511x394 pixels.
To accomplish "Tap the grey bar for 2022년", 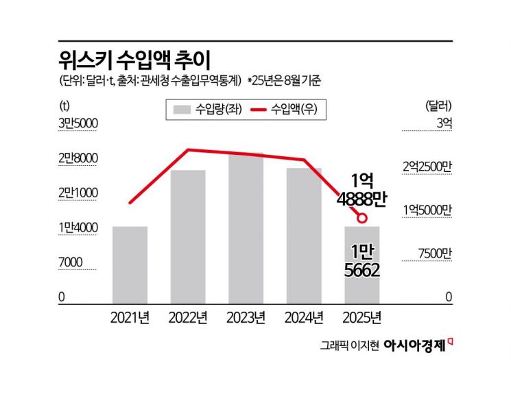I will click(x=188, y=236).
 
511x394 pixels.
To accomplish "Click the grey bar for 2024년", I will click(x=304, y=235).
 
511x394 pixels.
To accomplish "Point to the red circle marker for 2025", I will click(x=361, y=218).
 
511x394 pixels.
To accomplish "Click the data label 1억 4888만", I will click(x=361, y=190).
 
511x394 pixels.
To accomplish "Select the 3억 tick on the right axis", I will click(x=444, y=123).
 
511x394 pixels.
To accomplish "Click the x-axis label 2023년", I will click(x=246, y=317).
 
